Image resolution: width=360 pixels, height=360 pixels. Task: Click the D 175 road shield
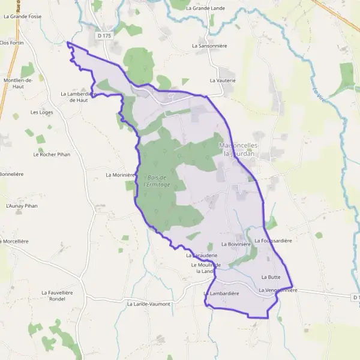(104, 36)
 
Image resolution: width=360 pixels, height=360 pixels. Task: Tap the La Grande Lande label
(205, 8)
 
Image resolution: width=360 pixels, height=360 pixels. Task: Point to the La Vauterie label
(223, 80)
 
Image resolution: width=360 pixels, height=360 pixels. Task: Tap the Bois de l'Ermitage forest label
(157, 181)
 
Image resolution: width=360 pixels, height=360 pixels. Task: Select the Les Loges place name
(42, 112)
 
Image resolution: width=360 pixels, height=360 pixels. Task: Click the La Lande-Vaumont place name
(149, 304)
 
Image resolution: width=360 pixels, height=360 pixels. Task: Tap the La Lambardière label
(221, 293)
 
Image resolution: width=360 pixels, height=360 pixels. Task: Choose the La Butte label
(271, 277)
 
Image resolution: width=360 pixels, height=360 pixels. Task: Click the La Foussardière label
(273, 241)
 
